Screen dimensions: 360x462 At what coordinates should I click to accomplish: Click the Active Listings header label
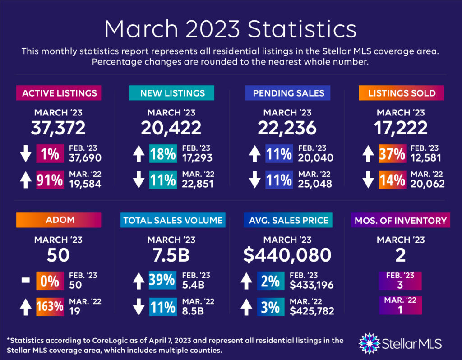[59, 93]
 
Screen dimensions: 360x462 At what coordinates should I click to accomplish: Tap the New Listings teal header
[172, 93]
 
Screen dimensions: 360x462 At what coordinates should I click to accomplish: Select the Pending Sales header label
[288, 93]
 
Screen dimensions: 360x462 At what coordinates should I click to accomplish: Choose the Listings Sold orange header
[401, 93]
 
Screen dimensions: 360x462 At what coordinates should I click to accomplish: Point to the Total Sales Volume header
[173, 220]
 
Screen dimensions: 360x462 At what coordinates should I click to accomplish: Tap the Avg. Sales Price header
[288, 220]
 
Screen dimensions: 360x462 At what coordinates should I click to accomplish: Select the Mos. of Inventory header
[400, 220]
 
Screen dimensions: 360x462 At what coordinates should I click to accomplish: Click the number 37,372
[58, 128]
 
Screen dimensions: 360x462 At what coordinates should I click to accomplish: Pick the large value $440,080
[288, 255]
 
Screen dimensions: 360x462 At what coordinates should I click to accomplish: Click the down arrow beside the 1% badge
[25, 154]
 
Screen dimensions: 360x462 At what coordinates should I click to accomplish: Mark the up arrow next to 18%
[137, 154]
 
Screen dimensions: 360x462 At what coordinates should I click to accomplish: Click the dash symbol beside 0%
[25, 281]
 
